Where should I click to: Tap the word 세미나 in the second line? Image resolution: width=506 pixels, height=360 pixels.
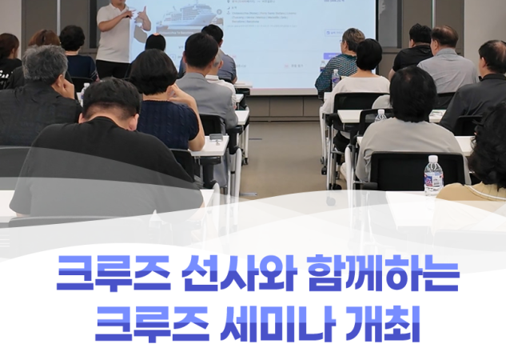tap(277, 323)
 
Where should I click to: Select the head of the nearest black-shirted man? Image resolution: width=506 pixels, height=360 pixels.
tap(112, 100)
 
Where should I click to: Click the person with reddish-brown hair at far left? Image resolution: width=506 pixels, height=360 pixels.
tap(43, 38)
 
